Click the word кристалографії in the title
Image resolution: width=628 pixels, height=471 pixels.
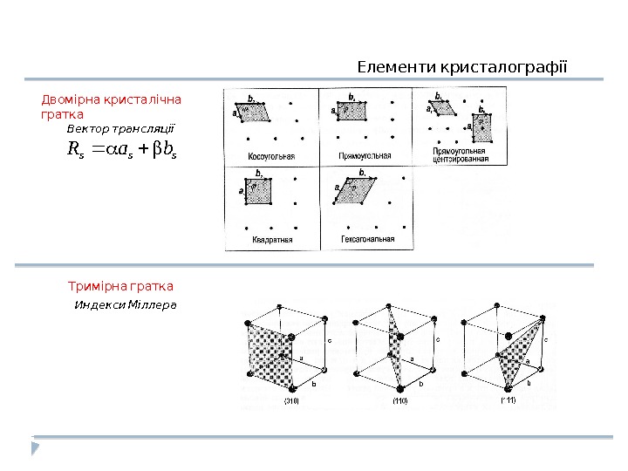tap(492, 66)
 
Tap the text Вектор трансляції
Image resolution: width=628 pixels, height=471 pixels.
tap(121, 128)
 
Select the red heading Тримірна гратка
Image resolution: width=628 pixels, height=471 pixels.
tap(120, 285)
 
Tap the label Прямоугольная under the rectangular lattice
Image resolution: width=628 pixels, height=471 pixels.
tap(364, 156)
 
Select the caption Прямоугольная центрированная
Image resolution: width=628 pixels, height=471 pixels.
tap(459, 156)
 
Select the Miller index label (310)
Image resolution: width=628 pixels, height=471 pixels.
tap(292, 400)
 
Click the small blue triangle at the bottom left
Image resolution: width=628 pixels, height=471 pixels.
tap(35, 448)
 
